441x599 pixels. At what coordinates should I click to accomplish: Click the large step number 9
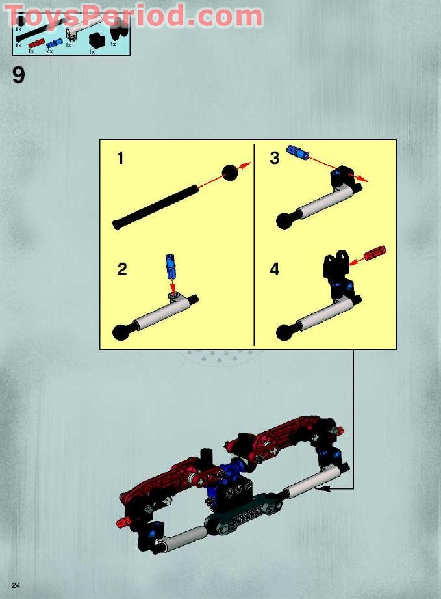18,75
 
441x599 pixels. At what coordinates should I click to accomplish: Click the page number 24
16,586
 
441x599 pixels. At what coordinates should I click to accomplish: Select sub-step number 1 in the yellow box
121,158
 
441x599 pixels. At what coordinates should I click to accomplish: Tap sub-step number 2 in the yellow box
122,269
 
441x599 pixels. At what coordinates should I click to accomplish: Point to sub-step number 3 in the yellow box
275,158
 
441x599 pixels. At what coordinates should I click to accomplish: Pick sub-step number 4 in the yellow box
275,269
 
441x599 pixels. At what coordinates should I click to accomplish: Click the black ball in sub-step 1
231,172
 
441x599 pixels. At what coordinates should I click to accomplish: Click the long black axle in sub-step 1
156,207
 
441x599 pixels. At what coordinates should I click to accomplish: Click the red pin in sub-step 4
375,253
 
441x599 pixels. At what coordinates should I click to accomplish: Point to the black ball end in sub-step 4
284,332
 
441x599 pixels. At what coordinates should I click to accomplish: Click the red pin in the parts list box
36,44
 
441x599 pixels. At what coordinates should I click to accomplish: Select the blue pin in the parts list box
53,44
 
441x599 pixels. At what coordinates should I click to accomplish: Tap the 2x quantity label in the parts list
49,51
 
